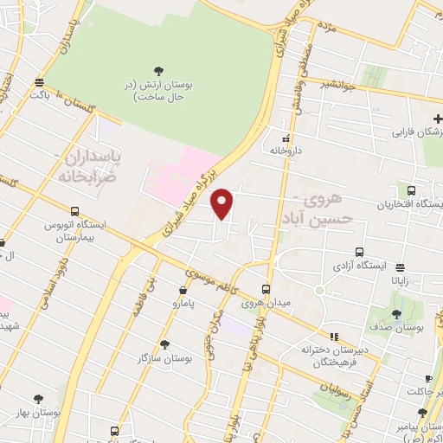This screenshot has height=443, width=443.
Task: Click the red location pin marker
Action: [223, 203]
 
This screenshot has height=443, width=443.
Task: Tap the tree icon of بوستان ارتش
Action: [157, 72]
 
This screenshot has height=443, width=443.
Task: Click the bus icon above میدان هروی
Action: [266, 290]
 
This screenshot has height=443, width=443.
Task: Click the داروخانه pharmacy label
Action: [287, 150]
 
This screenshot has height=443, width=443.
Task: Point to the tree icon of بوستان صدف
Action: [396, 314]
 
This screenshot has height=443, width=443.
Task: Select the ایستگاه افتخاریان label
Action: [410, 204]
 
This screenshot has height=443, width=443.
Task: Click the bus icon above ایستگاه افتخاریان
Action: [410, 190]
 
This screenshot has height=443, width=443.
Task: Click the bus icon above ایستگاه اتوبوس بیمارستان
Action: [75, 211]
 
